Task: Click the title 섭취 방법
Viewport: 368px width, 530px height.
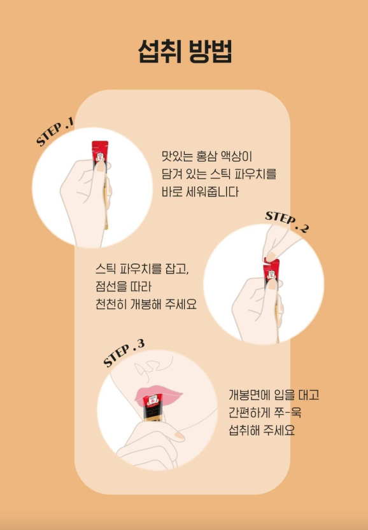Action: pos(185,52)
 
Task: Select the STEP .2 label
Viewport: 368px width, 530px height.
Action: pos(287,221)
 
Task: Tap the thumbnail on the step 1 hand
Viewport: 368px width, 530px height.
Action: pos(100,167)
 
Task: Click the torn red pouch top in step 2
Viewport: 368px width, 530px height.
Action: pos(271,268)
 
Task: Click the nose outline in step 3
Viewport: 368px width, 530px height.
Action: pos(149,368)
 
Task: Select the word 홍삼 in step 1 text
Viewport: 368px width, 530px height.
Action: pos(206,157)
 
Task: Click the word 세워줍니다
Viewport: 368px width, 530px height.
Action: pos(213,192)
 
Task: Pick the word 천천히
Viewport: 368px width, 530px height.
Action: pos(111,304)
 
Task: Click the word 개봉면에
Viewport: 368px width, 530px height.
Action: pos(248,394)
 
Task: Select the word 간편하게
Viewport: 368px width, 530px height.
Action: pos(248,412)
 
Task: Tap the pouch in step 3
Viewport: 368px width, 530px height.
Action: pos(153,407)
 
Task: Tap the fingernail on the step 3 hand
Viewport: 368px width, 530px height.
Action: pos(180,436)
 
